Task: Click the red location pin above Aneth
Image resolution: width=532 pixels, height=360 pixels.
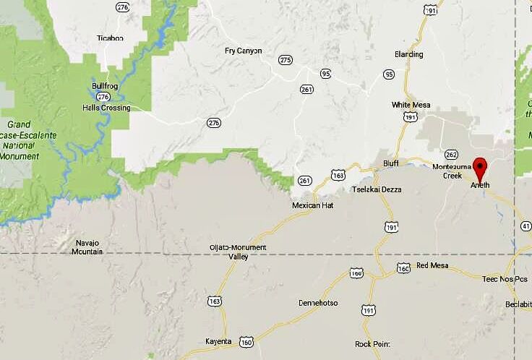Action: [x=480, y=167]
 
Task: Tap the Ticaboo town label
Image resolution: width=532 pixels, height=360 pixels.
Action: [x=111, y=38]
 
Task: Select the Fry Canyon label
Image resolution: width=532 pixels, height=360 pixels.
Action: [x=243, y=51]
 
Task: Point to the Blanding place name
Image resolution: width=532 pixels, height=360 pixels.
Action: [x=408, y=54]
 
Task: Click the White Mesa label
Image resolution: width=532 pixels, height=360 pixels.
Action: [x=411, y=105]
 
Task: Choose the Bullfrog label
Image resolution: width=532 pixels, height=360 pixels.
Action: [x=105, y=86]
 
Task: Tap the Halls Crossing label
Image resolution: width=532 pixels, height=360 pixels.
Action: [x=106, y=108]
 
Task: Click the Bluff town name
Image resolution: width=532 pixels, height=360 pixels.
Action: [x=391, y=163]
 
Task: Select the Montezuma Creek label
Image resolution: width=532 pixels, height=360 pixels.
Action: [x=452, y=171]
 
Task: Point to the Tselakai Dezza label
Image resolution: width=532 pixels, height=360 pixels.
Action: [x=376, y=189]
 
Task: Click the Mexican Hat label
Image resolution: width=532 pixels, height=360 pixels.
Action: [x=312, y=205]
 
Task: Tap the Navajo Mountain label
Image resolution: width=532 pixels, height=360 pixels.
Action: [x=87, y=247]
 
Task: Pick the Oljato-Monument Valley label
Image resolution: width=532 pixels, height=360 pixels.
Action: [x=238, y=252]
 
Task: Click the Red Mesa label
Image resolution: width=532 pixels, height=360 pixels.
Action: [x=432, y=265]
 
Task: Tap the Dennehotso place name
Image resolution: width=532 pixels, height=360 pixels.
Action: [x=318, y=303]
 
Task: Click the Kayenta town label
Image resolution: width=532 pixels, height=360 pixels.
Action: [x=218, y=341]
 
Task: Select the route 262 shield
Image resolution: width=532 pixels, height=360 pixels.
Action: [x=452, y=154]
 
